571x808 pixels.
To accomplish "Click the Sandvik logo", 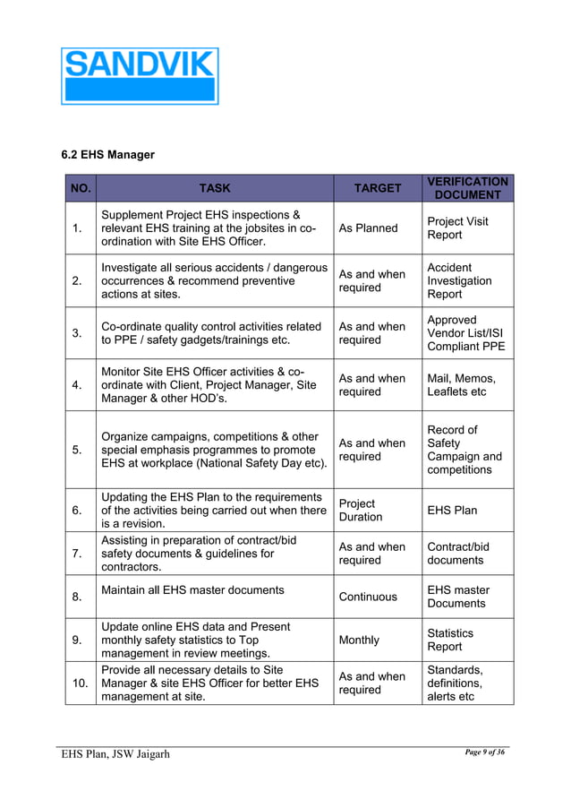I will point(140,76).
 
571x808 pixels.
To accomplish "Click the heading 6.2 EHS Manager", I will point(107,155).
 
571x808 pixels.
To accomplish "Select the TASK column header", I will point(214,188).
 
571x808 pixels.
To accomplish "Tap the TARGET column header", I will point(377,188).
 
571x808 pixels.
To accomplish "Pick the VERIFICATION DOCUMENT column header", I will point(467,188).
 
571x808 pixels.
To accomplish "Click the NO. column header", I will point(81,188).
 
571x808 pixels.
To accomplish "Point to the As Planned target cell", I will point(368,228).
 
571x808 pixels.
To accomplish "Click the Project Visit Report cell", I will point(457,228).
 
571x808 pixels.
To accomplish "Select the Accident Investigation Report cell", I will point(459,280).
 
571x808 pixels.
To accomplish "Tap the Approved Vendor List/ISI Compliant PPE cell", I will point(464,333).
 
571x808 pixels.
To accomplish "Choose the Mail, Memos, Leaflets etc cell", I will point(461,385).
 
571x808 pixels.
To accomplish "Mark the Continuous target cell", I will point(368,597).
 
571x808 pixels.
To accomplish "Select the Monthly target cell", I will point(359,640).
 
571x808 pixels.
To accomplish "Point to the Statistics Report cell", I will point(450,640).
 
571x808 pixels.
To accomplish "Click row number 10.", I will point(80,683).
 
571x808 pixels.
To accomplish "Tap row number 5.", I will point(80,450).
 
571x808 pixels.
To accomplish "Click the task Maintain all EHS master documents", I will point(193,590).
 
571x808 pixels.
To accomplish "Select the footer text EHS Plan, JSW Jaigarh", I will point(115,753).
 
